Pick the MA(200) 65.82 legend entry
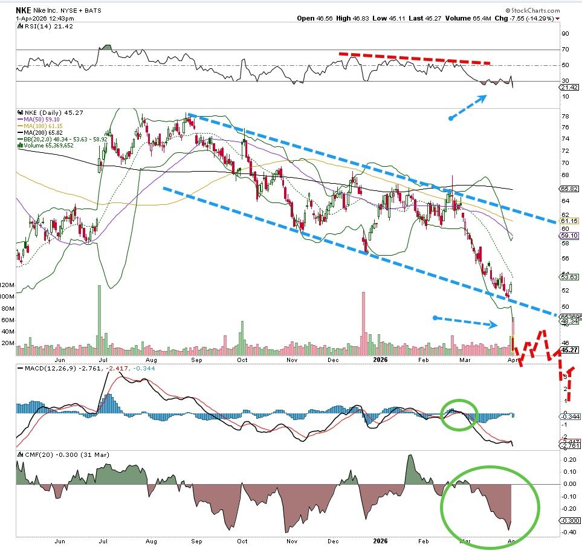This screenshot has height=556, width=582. (x=42, y=132)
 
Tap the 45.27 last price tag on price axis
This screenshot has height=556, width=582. (x=571, y=349)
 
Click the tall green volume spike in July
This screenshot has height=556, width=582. (x=98, y=314)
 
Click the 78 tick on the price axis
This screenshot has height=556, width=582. (x=564, y=115)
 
